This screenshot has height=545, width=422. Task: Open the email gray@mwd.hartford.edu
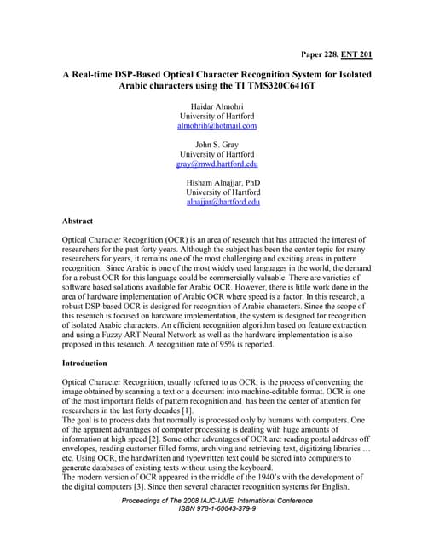click(217, 163)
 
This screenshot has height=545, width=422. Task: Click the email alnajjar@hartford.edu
click(223, 203)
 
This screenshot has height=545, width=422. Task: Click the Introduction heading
click(89, 364)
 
